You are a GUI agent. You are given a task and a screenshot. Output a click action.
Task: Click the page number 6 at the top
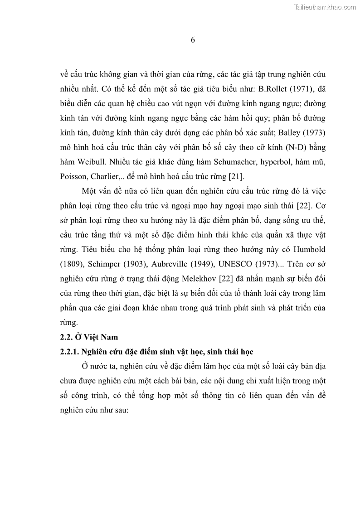tap(193, 40)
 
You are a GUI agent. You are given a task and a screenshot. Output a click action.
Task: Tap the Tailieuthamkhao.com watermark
tap(326, 7)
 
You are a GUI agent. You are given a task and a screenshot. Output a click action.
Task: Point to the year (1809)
tap(73, 265)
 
